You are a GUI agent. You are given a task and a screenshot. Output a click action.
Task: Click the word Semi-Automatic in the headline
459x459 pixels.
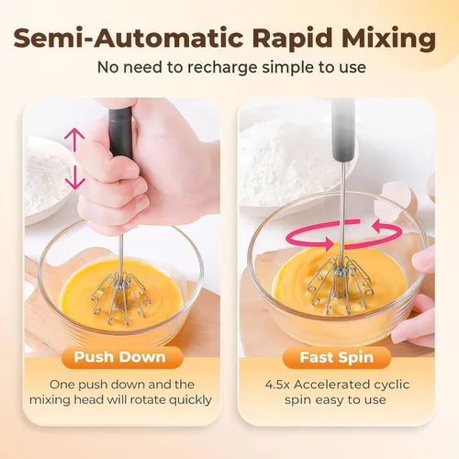click(129, 38)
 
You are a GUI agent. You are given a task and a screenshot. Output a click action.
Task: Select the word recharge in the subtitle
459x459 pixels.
click(222, 68)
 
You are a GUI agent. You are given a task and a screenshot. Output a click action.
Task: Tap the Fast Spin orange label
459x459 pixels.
click(337, 357)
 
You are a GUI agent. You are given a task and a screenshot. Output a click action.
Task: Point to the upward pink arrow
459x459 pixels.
click(74, 140)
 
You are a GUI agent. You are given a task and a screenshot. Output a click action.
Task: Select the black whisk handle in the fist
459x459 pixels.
click(121, 132)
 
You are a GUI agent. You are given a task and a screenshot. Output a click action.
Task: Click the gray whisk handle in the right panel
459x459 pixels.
click(343, 130)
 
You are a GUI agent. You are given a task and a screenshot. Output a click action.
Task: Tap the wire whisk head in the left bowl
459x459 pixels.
click(121, 297)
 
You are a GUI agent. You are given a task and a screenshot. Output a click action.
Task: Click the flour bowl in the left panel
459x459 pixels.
click(46, 181)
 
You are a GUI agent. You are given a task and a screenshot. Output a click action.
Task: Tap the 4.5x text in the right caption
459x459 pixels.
click(277, 385)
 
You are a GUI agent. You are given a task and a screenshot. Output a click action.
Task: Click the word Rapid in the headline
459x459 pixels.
click(293, 39)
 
